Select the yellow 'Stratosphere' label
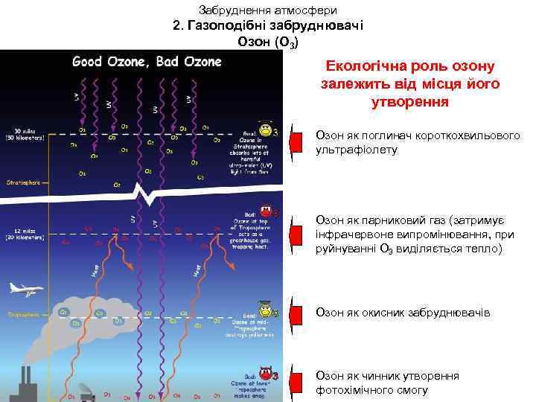pyautogui.click(x=22, y=181)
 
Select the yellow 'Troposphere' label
pyautogui.click(x=23, y=313)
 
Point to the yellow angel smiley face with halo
pyautogui.click(x=265, y=129)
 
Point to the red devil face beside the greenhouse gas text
pyautogui.click(x=265, y=211)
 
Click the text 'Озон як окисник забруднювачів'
pyautogui.click(x=403, y=313)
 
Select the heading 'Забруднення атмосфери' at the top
pyautogui.click(x=269, y=10)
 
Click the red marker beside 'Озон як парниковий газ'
pyautogui.click(x=296, y=226)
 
